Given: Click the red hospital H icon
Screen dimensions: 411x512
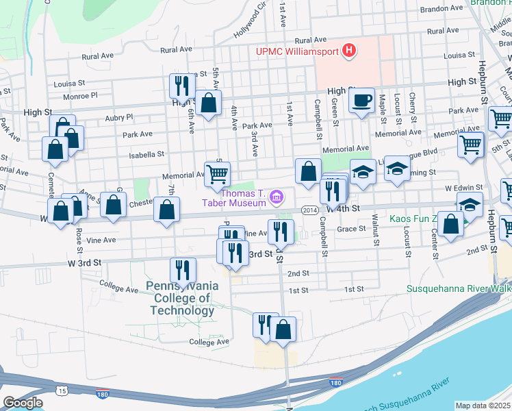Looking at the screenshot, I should click(350, 50).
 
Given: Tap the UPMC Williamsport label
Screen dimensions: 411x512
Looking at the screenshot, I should click(298, 51).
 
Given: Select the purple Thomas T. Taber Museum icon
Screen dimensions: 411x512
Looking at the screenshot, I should click(277, 198).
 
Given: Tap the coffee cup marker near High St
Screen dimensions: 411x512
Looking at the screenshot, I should click(361, 101).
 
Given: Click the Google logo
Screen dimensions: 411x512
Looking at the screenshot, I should click(23, 403).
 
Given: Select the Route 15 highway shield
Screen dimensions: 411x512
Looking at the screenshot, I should click(62, 390).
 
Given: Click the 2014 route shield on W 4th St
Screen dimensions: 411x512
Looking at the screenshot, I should click(308, 210).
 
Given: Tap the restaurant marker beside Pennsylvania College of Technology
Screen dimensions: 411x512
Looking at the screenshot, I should click(183, 270).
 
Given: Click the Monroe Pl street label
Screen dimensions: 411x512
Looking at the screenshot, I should click(81, 97).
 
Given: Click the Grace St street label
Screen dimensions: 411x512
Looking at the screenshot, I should click(353, 229).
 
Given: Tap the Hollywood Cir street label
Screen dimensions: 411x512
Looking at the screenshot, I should click(250, 24).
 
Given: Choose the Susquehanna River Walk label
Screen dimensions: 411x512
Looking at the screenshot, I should click(458, 289).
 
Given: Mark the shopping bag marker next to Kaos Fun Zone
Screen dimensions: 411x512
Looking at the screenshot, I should click(450, 224).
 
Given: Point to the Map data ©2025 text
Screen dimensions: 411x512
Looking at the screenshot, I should click(483, 406).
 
